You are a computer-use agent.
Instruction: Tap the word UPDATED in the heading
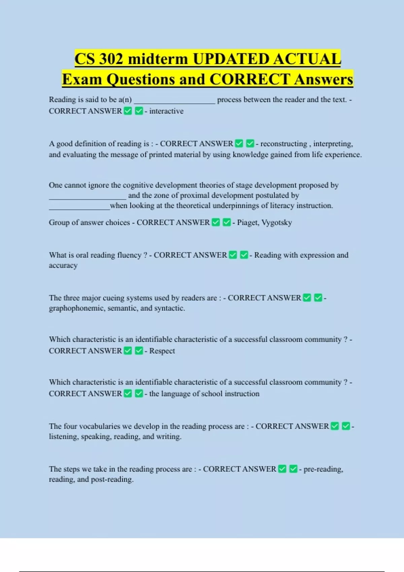coord(231,59)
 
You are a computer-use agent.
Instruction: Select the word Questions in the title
coord(141,79)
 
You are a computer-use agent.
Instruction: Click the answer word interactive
coord(166,111)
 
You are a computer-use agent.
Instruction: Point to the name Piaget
coord(247,222)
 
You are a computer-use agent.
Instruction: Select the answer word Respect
coord(162,351)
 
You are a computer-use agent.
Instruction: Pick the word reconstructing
coord(283,144)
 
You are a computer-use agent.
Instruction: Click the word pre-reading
coord(323,469)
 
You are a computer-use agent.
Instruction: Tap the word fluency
coord(129,255)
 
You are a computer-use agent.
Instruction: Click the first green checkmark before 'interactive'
coord(128,111)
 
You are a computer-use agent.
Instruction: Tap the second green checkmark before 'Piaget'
coord(227,222)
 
